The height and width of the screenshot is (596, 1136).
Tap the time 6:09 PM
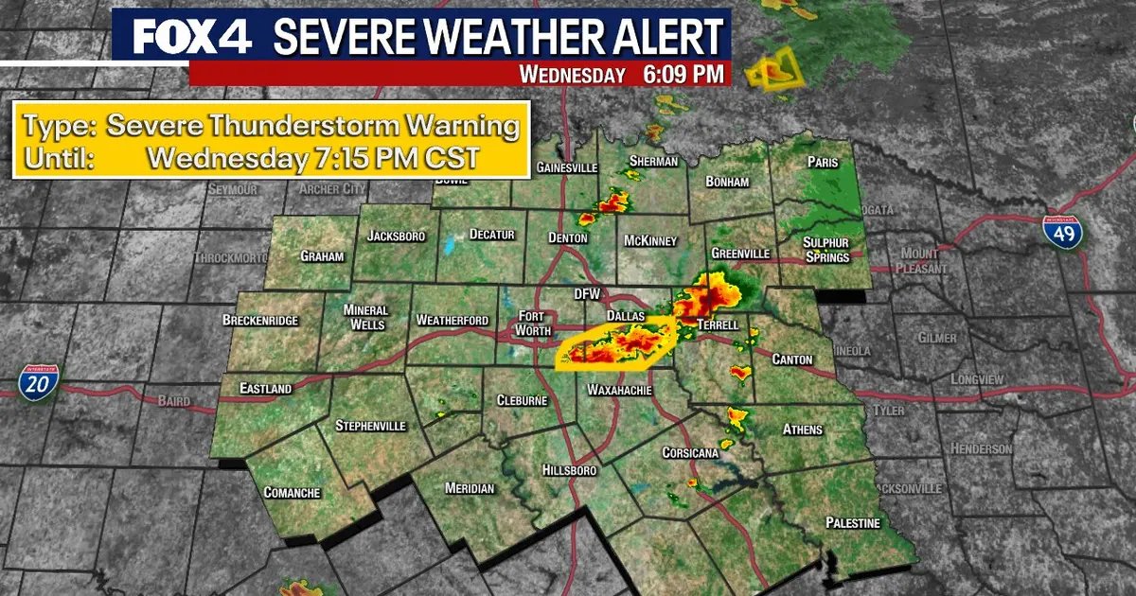coord(683,74)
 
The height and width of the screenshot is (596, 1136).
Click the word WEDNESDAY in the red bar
coord(573,75)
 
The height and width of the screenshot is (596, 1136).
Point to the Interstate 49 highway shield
coord(1064,231)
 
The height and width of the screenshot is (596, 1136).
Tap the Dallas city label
coord(625,315)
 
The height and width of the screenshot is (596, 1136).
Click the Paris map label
coord(823,162)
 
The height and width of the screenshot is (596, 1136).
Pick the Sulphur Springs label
coord(825,249)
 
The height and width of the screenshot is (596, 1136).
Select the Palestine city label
coord(852,522)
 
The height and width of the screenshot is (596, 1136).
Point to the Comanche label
coord(292,493)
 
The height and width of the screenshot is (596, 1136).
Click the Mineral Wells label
coord(365,317)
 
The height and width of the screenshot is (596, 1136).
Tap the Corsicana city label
coord(690,452)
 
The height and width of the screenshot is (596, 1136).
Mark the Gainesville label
coord(567,167)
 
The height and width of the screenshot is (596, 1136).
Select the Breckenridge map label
coord(260,321)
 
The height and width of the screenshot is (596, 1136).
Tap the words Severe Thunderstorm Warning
coord(312,127)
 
